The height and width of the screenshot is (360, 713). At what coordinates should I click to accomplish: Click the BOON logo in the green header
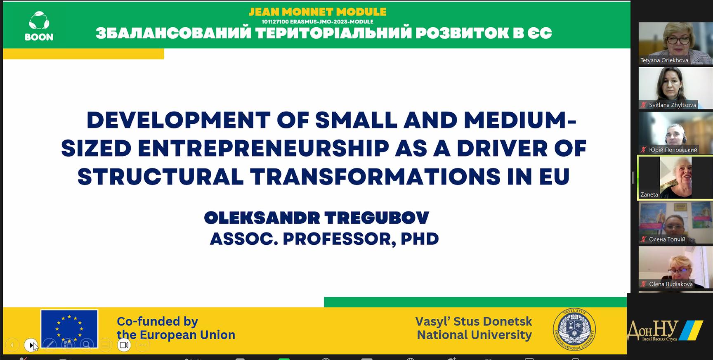(39, 26)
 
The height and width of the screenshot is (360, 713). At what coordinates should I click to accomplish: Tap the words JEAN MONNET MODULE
(318, 12)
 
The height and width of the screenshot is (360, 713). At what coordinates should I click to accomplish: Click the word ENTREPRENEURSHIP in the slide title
(263, 149)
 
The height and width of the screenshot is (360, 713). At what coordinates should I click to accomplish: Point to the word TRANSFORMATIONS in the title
(375, 177)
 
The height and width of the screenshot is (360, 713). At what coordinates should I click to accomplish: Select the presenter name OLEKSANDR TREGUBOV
(316, 218)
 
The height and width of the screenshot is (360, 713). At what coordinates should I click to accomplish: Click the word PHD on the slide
(420, 239)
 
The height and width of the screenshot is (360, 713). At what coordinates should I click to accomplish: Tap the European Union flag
(69, 329)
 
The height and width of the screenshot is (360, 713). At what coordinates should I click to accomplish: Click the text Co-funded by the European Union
(176, 328)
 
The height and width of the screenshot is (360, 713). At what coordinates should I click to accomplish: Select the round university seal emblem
(574, 329)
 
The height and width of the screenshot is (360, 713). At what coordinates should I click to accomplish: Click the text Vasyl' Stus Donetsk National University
(474, 328)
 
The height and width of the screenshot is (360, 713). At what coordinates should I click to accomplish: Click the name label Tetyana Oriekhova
(664, 60)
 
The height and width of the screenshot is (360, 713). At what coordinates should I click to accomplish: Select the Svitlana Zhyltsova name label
(672, 105)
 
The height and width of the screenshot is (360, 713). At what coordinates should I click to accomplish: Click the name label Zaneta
(649, 194)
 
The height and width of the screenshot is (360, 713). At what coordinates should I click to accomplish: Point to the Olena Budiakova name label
(671, 284)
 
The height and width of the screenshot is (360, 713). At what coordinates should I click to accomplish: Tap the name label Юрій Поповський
(673, 150)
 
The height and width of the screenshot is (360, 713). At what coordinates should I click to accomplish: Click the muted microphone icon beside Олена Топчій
(643, 239)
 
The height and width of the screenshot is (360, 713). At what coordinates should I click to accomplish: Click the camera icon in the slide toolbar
(124, 345)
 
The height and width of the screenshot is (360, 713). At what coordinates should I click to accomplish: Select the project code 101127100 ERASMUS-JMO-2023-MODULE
(317, 21)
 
